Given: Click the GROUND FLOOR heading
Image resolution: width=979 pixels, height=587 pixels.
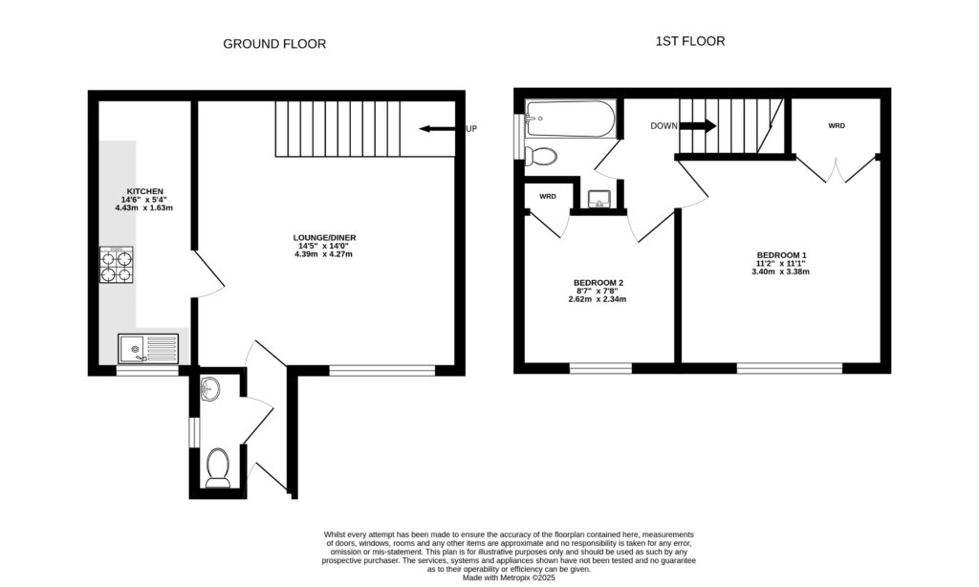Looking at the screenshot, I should pyautogui.click(x=274, y=44).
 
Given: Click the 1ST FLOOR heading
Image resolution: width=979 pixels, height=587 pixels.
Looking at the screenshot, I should pyautogui.click(x=689, y=41).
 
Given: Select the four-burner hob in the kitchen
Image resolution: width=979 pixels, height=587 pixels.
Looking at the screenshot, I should pyautogui.click(x=117, y=265).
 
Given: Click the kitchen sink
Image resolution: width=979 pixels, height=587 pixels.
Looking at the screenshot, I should pyautogui.click(x=148, y=348).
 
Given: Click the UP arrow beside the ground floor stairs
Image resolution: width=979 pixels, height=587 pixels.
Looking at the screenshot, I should pyautogui.click(x=439, y=128).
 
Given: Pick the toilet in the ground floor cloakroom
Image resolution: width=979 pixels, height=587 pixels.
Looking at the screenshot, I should pyautogui.click(x=219, y=467).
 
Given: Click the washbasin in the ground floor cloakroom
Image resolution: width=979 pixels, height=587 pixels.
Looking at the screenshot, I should pyautogui.click(x=211, y=388).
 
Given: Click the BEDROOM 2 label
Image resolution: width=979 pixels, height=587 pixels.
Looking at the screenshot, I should pyautogui.click(x=598, y=283).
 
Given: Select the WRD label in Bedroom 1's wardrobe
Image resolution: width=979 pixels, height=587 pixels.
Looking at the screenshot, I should pyautogui.click(x=837, y=126).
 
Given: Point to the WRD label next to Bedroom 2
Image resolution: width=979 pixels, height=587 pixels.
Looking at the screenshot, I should pyautogui.click(x=548, y=196).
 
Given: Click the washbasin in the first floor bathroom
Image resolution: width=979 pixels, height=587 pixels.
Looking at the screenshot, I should pyautogui.click(x=598, y=198).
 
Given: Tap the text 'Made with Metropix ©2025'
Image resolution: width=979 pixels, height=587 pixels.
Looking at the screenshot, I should pyautogui.click(x=508, y=577).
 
